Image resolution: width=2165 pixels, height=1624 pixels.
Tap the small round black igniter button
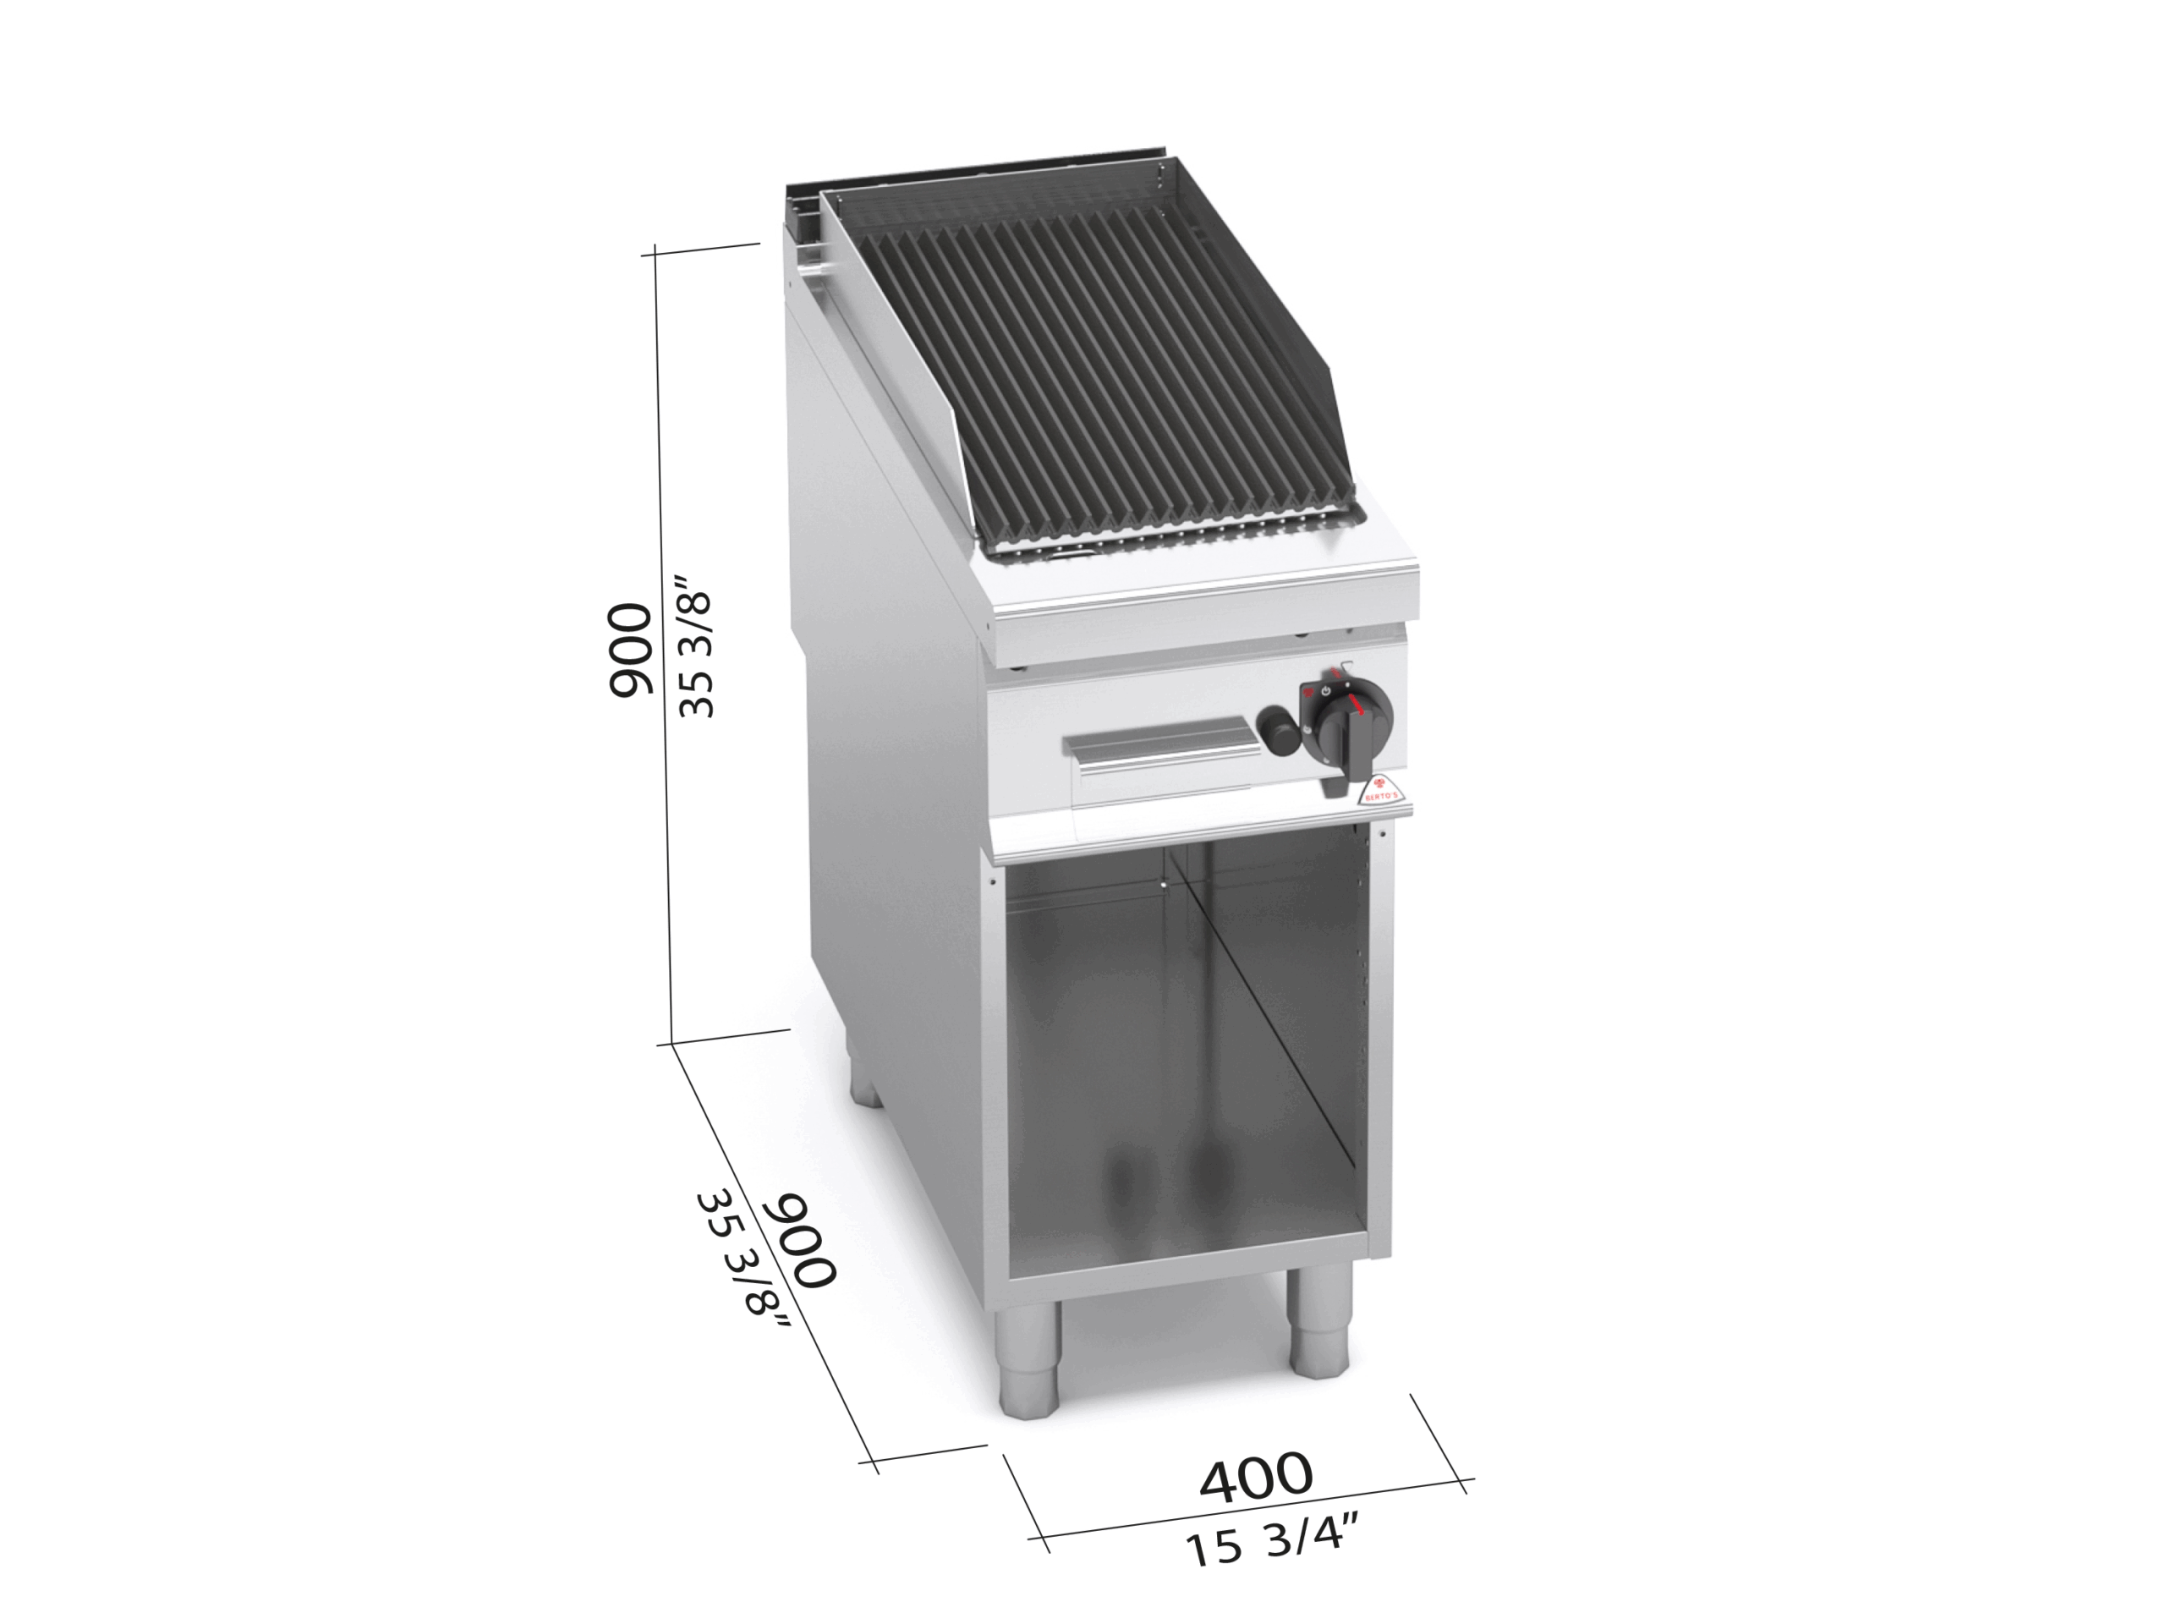[x=1276, y=730]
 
